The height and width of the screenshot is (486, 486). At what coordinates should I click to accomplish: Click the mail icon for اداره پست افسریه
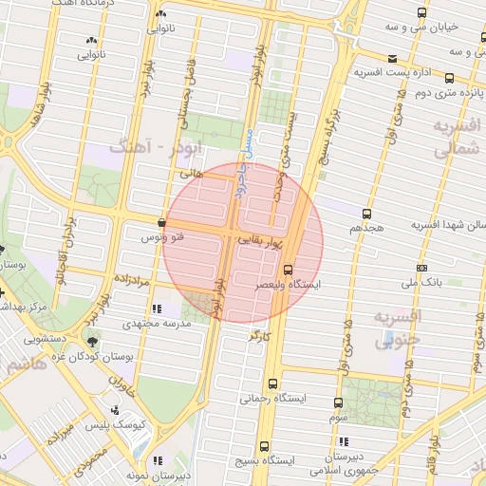(391, 57)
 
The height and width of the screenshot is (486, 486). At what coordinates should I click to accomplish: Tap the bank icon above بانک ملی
(421, 267)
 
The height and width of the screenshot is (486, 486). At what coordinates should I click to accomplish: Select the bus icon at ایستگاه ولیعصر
(290, 270)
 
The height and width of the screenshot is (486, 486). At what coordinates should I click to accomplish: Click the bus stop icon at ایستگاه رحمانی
(272, 384)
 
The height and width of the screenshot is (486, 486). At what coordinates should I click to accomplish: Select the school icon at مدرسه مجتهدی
(158, 308)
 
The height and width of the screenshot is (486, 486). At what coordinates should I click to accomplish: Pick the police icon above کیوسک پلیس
(115, 410)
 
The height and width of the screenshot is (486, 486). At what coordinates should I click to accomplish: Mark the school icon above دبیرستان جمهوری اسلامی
(342, 441)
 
